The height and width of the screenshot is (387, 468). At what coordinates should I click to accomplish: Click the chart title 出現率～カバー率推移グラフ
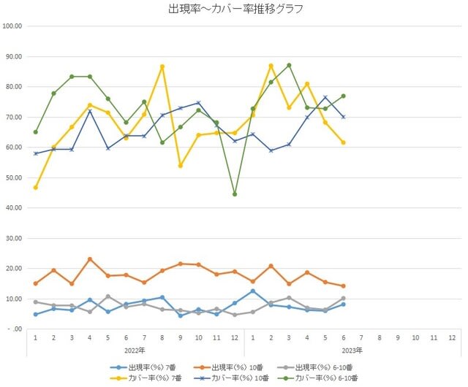235,9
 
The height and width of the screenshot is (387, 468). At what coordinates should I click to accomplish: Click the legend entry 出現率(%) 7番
143,367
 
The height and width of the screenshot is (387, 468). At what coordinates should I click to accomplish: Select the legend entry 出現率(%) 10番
228,367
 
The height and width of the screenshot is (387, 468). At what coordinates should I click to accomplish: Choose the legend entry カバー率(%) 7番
146,378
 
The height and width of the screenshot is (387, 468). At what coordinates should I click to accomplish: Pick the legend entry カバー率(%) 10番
231,378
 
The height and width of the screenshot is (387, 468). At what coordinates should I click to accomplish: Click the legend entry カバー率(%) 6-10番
317,378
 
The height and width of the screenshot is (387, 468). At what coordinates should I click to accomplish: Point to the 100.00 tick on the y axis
12,26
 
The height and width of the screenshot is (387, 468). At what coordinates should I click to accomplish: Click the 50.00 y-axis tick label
14,177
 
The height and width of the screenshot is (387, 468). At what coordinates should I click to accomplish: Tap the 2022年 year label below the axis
135,350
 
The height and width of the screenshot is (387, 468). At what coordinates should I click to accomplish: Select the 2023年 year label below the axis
352,350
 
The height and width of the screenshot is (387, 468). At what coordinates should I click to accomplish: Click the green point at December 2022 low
235,194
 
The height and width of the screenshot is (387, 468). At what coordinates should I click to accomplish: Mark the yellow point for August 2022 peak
162,66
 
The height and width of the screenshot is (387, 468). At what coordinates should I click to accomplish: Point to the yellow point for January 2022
36,188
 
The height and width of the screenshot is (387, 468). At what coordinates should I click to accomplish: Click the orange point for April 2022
90,259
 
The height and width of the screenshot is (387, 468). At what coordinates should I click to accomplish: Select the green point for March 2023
289,65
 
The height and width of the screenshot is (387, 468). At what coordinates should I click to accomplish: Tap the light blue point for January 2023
253,291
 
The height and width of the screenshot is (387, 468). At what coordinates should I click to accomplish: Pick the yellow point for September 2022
181,166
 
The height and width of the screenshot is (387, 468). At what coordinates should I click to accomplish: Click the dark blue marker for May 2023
325,97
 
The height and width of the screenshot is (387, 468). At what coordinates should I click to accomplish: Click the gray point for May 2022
108,296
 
